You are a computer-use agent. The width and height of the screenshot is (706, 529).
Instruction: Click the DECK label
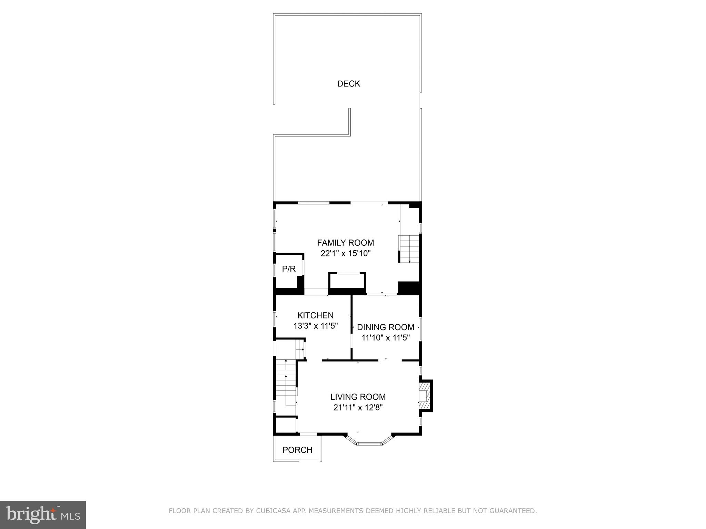[x=348, y=84]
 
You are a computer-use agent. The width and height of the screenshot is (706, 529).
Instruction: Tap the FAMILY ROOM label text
[x=345, y=243]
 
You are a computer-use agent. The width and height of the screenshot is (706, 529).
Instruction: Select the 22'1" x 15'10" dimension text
[x=345, y=254]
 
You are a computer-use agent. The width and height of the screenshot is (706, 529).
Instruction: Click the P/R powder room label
[x=289, y=269]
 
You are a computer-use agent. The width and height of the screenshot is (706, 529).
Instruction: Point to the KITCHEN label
[x=315, y=315]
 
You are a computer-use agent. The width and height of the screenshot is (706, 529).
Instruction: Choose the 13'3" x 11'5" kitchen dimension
[x=315, y=326]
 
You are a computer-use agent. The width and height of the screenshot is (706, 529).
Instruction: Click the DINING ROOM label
[x=385, y=327]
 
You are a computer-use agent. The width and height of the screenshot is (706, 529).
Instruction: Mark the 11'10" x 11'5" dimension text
[x=385, y=338]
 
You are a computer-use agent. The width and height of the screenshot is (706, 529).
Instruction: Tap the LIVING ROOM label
[x=358, y=397]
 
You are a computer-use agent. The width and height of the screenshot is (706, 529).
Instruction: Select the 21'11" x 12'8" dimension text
[x=358, y=408]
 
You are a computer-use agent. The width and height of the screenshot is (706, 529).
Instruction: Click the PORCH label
[x=297, y=450]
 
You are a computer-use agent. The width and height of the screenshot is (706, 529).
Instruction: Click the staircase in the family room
[x=409, y=249]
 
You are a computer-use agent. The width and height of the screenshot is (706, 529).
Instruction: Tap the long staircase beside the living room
[x=286, y=383]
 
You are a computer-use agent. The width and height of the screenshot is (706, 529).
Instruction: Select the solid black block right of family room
[x=408, y=288]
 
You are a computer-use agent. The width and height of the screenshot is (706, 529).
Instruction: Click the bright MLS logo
[x=43, y=515]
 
